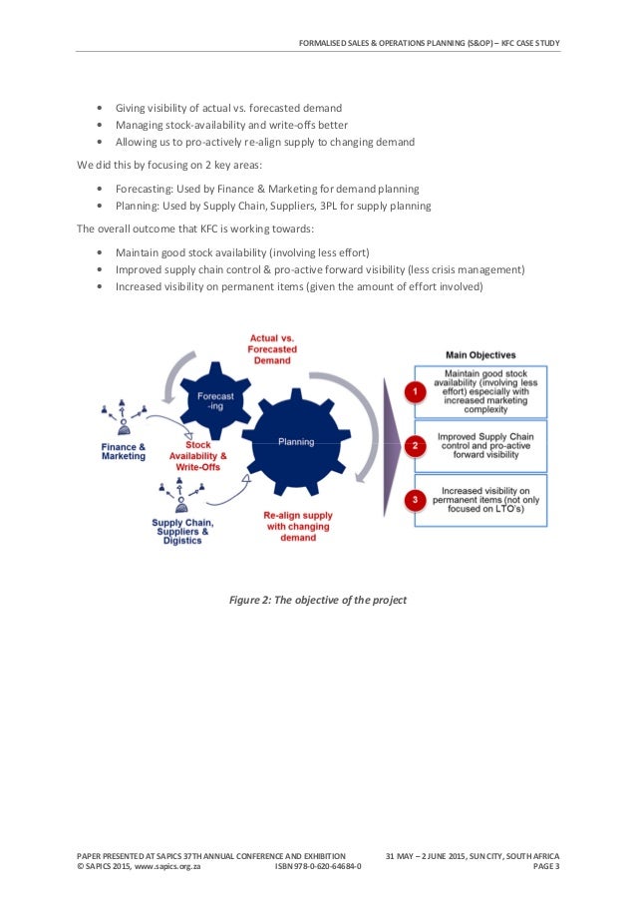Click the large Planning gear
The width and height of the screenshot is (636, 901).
pyautogui.click(x=295, y=440)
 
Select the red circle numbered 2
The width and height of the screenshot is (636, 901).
pyautogui.click(x=411, y=446)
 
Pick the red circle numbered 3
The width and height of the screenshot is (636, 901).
pyautogui.click(x=411, y=499)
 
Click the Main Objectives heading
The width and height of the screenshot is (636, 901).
pyautogui.click(x=479, y=354)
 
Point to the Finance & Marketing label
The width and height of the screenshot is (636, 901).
pyautogui.click(x=124, y=451)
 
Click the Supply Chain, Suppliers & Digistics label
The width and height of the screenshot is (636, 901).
pyautogui.click(x=182, y=531)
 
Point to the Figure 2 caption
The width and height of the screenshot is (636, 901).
pyautogui.click(x=317, y=600)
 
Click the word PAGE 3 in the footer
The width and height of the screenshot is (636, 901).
pyautogui.click(x=546, y=867)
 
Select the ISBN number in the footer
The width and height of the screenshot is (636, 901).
pyautogui.click(x=318, y=867)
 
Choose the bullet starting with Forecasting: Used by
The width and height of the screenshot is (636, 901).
pyautogui.click(x=266, y=188)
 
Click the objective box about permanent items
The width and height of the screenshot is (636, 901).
pyautogui.click(x=479, y=500)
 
